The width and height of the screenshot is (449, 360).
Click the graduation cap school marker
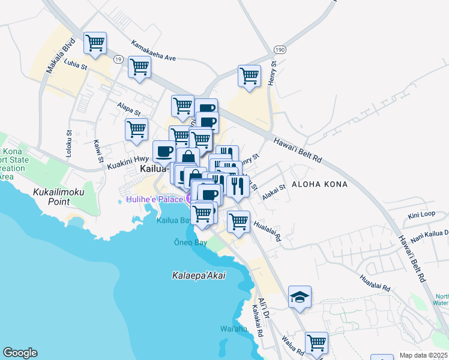300,297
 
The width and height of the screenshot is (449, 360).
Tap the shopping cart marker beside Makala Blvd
95,43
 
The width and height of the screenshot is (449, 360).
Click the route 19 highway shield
118,59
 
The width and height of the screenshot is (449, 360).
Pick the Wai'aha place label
231,329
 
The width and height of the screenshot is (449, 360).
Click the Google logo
20,353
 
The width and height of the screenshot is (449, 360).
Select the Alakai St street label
273,192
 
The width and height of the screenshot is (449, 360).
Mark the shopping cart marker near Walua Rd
316,343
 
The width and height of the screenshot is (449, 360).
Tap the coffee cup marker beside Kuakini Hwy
164,151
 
